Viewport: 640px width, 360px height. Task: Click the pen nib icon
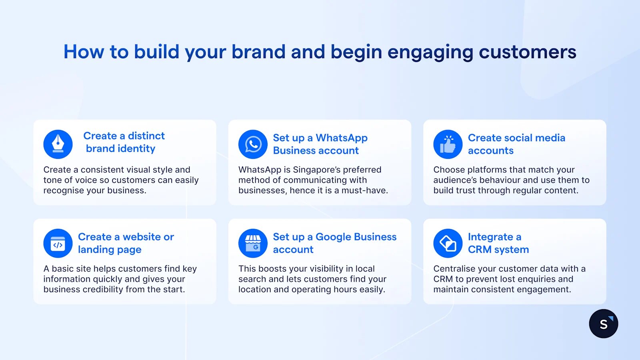58,144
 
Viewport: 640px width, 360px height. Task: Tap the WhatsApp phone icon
253,144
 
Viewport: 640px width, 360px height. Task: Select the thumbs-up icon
448,144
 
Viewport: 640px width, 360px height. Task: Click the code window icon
58,243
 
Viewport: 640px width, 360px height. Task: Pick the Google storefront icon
253,243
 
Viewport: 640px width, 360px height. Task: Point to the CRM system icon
448,243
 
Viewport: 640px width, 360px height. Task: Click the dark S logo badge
603,324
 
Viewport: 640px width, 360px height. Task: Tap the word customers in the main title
527,52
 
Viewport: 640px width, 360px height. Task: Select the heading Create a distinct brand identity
123,142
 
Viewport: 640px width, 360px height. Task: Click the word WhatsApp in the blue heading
341,138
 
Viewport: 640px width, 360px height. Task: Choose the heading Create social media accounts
516,144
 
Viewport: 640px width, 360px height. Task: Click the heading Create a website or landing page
126,243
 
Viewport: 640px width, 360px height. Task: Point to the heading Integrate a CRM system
498,243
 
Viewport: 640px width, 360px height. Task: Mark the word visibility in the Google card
323,269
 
